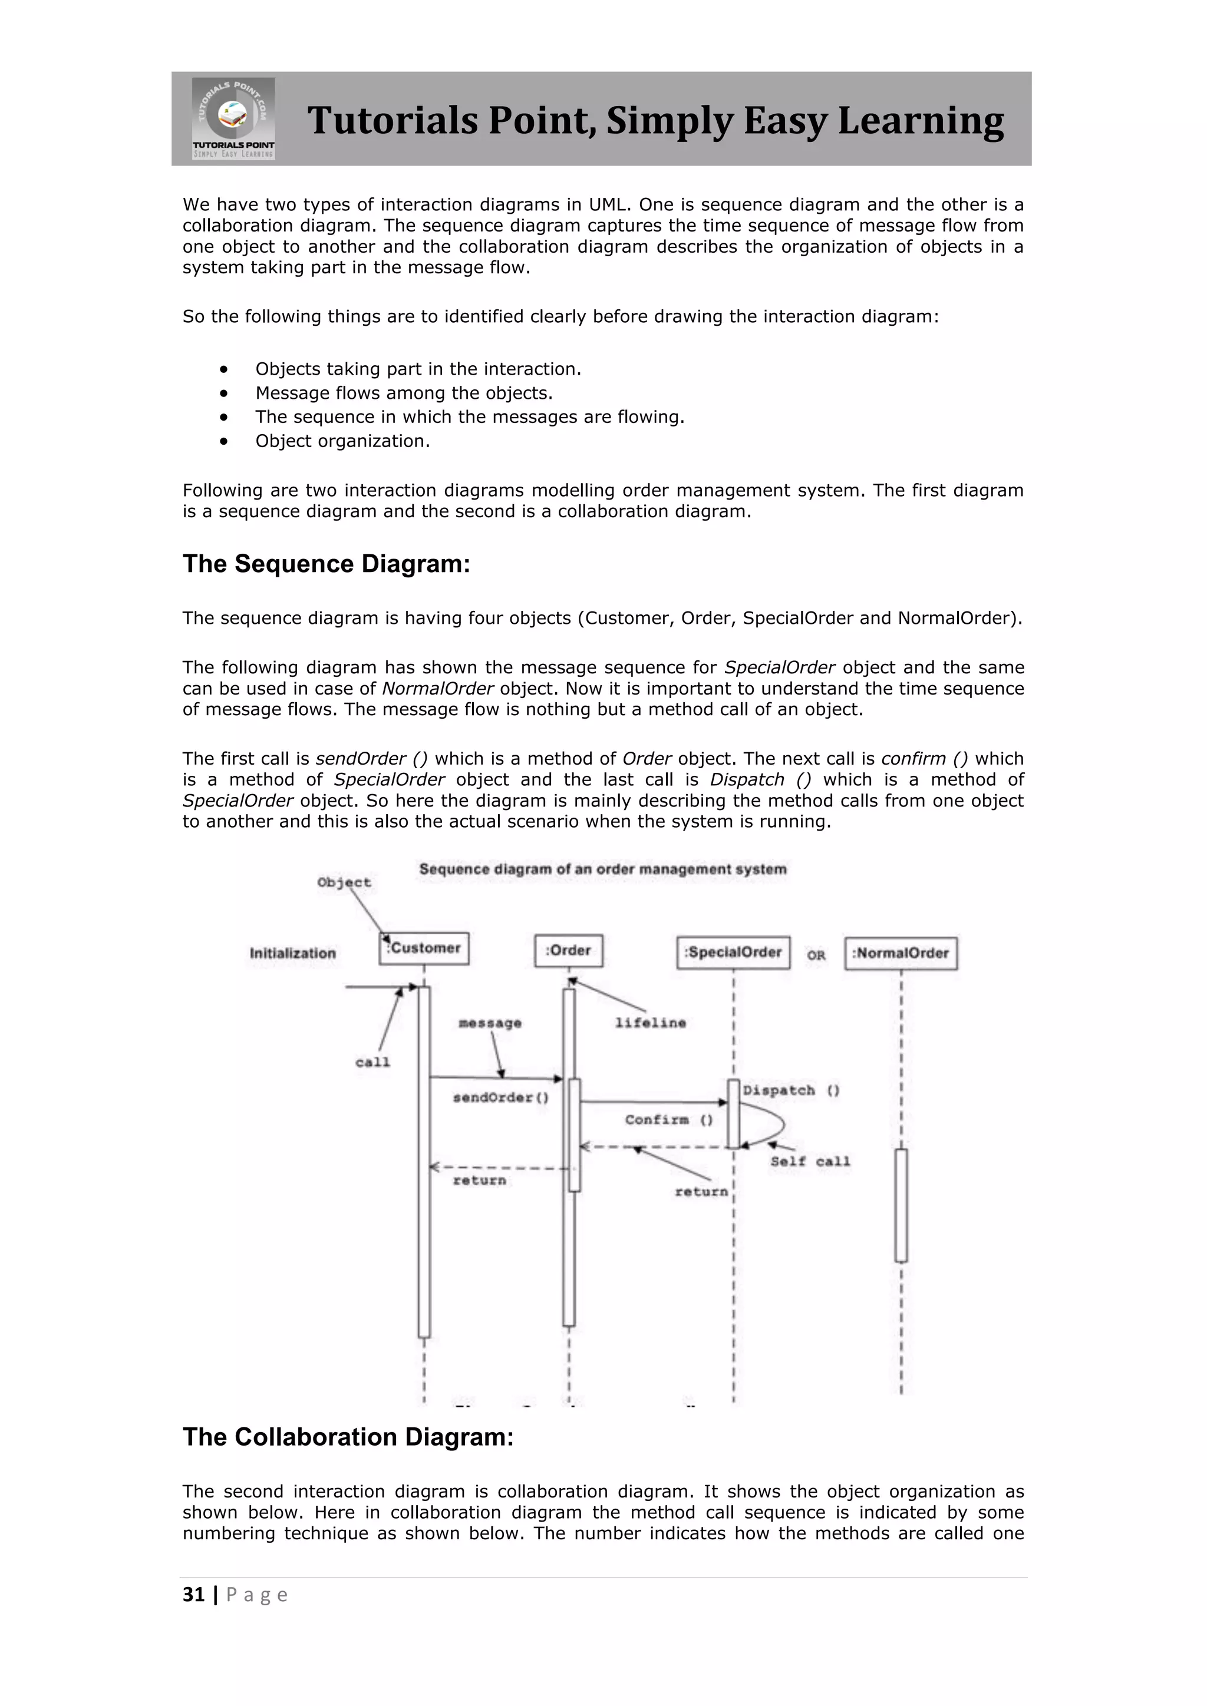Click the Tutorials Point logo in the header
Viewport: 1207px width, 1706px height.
[233, 118]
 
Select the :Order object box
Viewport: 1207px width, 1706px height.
[569, 950]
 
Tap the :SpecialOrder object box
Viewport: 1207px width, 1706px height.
[733, 952]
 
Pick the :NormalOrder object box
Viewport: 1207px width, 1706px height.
[901, 953]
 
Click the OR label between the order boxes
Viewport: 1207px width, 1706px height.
[816, 956]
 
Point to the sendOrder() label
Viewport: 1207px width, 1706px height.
[501, 1097]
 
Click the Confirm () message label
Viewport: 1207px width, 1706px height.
[668, 1120]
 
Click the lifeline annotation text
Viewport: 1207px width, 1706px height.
[650, 1023]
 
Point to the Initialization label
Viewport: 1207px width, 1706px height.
[293, 953]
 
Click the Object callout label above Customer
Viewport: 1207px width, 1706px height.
[344, 882]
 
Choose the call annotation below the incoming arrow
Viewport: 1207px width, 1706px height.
[372, 1063]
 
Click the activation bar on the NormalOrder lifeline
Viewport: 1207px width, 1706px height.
[901, 1205]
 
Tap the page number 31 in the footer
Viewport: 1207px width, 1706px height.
[193, 1595]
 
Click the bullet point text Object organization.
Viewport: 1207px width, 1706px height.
[342, 441]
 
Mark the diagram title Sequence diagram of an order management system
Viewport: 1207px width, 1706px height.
[603, 869]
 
